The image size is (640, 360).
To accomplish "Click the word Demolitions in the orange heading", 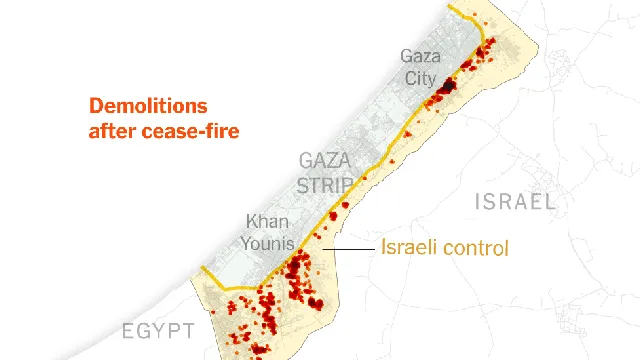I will click(148, 106).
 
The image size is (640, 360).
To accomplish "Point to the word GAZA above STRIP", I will click(324, 161).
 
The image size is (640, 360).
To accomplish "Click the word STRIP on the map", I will click(326, 185).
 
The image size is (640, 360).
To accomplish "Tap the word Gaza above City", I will click(420, 56).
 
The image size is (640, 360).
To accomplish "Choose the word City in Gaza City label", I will click(420, 78).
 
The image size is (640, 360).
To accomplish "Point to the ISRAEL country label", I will click(516, 202).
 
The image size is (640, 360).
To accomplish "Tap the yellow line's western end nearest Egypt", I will click(203, 269).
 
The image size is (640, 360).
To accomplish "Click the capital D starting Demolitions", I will click(96, 106).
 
